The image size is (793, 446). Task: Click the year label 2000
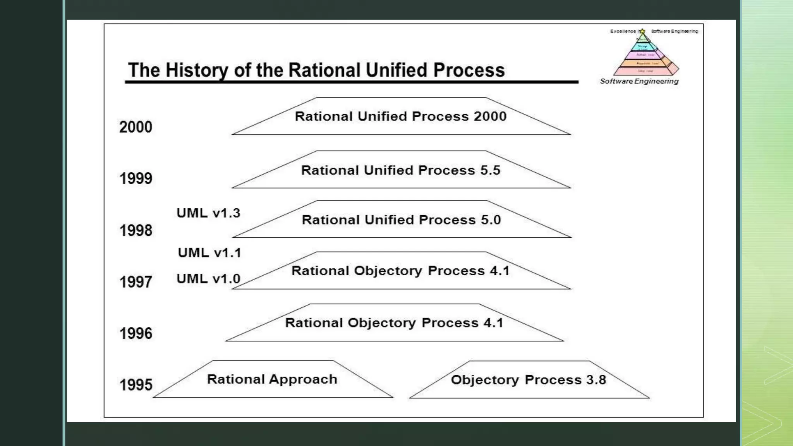click(136, 127)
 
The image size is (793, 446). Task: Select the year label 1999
click(136, 178)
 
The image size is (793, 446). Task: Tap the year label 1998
click(136, 230)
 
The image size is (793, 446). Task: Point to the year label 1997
click(136, 282)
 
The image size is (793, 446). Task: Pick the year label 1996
click(136, 333)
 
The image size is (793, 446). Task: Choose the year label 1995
click(136, 385)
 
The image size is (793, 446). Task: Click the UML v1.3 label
click(208, 213)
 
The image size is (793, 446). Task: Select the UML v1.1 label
click(209, 253)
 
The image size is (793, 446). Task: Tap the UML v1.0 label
click(208, 279)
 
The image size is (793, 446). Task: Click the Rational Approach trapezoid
click(273, 379)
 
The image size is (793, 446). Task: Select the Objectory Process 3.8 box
click(529, 380)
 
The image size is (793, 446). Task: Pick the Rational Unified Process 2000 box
click(401, 117)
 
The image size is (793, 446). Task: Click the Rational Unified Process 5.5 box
click(401, 170)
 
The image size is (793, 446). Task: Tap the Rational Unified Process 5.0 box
click(401, 220)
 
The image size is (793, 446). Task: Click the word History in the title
click(197, 70)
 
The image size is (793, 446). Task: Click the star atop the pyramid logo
click(642, 31)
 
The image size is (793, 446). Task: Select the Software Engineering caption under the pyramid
click(639, 81)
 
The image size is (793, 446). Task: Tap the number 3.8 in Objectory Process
click(596, 380)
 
